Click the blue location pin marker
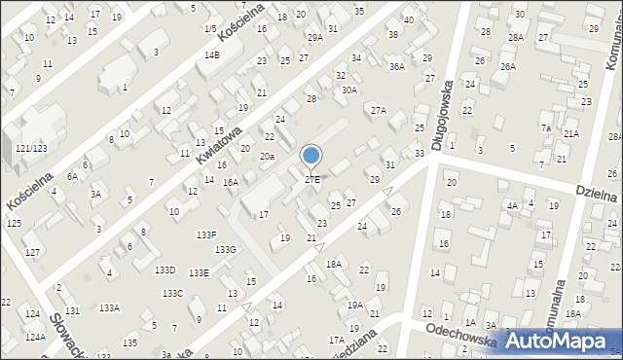[x=311, y=156]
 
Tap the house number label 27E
[x=311, y=180]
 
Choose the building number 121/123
[x=31, y=148]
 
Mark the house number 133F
[x=206, y=234]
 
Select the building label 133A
[x=109, y=307]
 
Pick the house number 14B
[x=212, y=55]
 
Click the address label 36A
[x=396, y=67]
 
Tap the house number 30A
[x=349, y=90]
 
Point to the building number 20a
[x=266, y=156]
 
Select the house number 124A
[x=36, y=337]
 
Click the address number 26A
[x=507, y=66]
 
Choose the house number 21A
[x=571, y=134]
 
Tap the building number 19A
[x=355, y=305]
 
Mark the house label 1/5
[x=210, y=29]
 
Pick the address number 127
[x=32, y=253]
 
